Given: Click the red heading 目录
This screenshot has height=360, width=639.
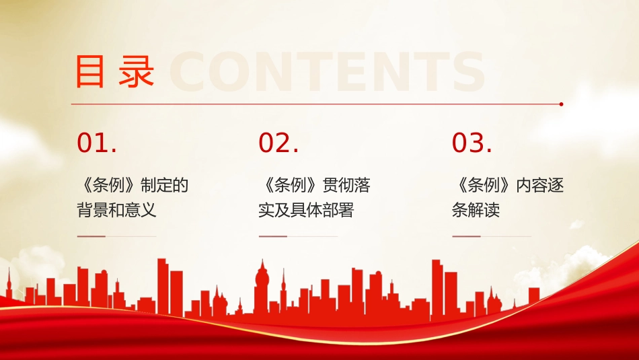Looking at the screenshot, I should (114, 71).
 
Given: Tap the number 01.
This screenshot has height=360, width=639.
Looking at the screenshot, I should (97, 143).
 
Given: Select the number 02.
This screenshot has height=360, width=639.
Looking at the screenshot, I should (278, 143).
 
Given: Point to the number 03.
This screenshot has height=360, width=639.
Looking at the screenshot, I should (472, 143).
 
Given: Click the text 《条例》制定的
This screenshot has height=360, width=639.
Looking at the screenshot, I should (133, 185).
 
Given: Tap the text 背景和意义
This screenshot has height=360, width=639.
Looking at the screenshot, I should (116, 210).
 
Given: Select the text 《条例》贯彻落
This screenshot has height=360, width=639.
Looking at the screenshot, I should (314, 185).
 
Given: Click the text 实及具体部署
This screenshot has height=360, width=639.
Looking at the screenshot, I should (306, 210).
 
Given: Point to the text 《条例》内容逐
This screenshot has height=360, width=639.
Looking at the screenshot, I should (507, 185).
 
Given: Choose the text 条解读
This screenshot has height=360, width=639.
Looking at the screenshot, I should (476, 210).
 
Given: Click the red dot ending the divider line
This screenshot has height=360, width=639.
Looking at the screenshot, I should (562, 104).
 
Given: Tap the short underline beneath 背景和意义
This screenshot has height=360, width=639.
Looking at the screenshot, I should (91, 237).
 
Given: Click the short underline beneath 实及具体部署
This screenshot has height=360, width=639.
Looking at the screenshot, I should (273, 237).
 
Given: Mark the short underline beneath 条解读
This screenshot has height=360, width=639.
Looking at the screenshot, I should (466, 237).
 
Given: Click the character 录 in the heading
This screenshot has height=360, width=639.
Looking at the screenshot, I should (137, 71).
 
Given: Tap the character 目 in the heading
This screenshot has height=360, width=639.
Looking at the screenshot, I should (90, 71).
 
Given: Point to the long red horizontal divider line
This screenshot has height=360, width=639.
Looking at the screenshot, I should (316, 104).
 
